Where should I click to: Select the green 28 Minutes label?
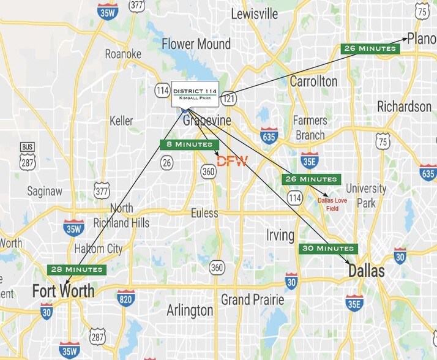click(77, 269)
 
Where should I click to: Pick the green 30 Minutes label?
click(327, 249)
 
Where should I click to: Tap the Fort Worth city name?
click(64, 290)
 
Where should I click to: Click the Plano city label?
click(422, 39)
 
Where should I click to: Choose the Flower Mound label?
click(196, 44)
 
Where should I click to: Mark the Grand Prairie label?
click(252, 300)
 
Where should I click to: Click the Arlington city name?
click(190, 311)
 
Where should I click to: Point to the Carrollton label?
click(313, 81)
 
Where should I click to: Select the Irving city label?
click(280, 235)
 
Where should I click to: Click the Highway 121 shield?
click(228, 97)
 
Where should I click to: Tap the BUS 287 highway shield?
click(27, 156)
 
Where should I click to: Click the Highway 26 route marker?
click(166, 162)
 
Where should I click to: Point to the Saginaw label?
click(45, 192)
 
